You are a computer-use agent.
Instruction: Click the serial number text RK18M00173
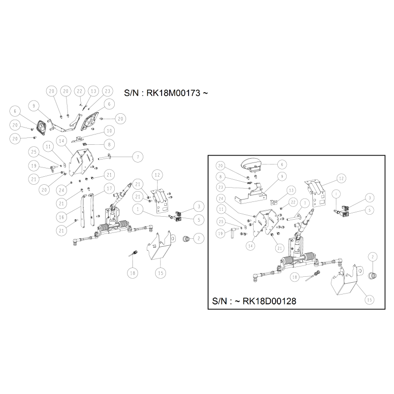pos(173,93)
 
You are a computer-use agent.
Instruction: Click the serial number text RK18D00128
pos(269,301)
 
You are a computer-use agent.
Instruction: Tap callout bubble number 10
pos(109,131)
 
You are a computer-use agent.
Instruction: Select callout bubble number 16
pos(62,217)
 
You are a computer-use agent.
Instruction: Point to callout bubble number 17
pos(109,189)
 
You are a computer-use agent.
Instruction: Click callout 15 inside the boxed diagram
pos(369,299)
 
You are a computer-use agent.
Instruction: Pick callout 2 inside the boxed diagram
pos(373,257)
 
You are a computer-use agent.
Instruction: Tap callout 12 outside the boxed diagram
pos(157,175)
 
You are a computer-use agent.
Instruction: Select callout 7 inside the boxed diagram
pos(305,203)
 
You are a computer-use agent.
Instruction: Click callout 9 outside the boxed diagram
pos(34,106)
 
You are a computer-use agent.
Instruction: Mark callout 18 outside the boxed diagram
pos(132,273)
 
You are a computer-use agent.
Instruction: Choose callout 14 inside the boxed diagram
pos(250,246)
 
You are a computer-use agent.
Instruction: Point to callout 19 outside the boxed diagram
pos(34,166)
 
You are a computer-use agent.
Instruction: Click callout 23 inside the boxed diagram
pos(221,187)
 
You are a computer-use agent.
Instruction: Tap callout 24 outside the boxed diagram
pos(62,190)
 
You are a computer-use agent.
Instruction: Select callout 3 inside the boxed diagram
pos(370,198)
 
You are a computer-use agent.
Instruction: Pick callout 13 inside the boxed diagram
pos(291,190)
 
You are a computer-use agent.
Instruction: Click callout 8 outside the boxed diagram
pos(109,144)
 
